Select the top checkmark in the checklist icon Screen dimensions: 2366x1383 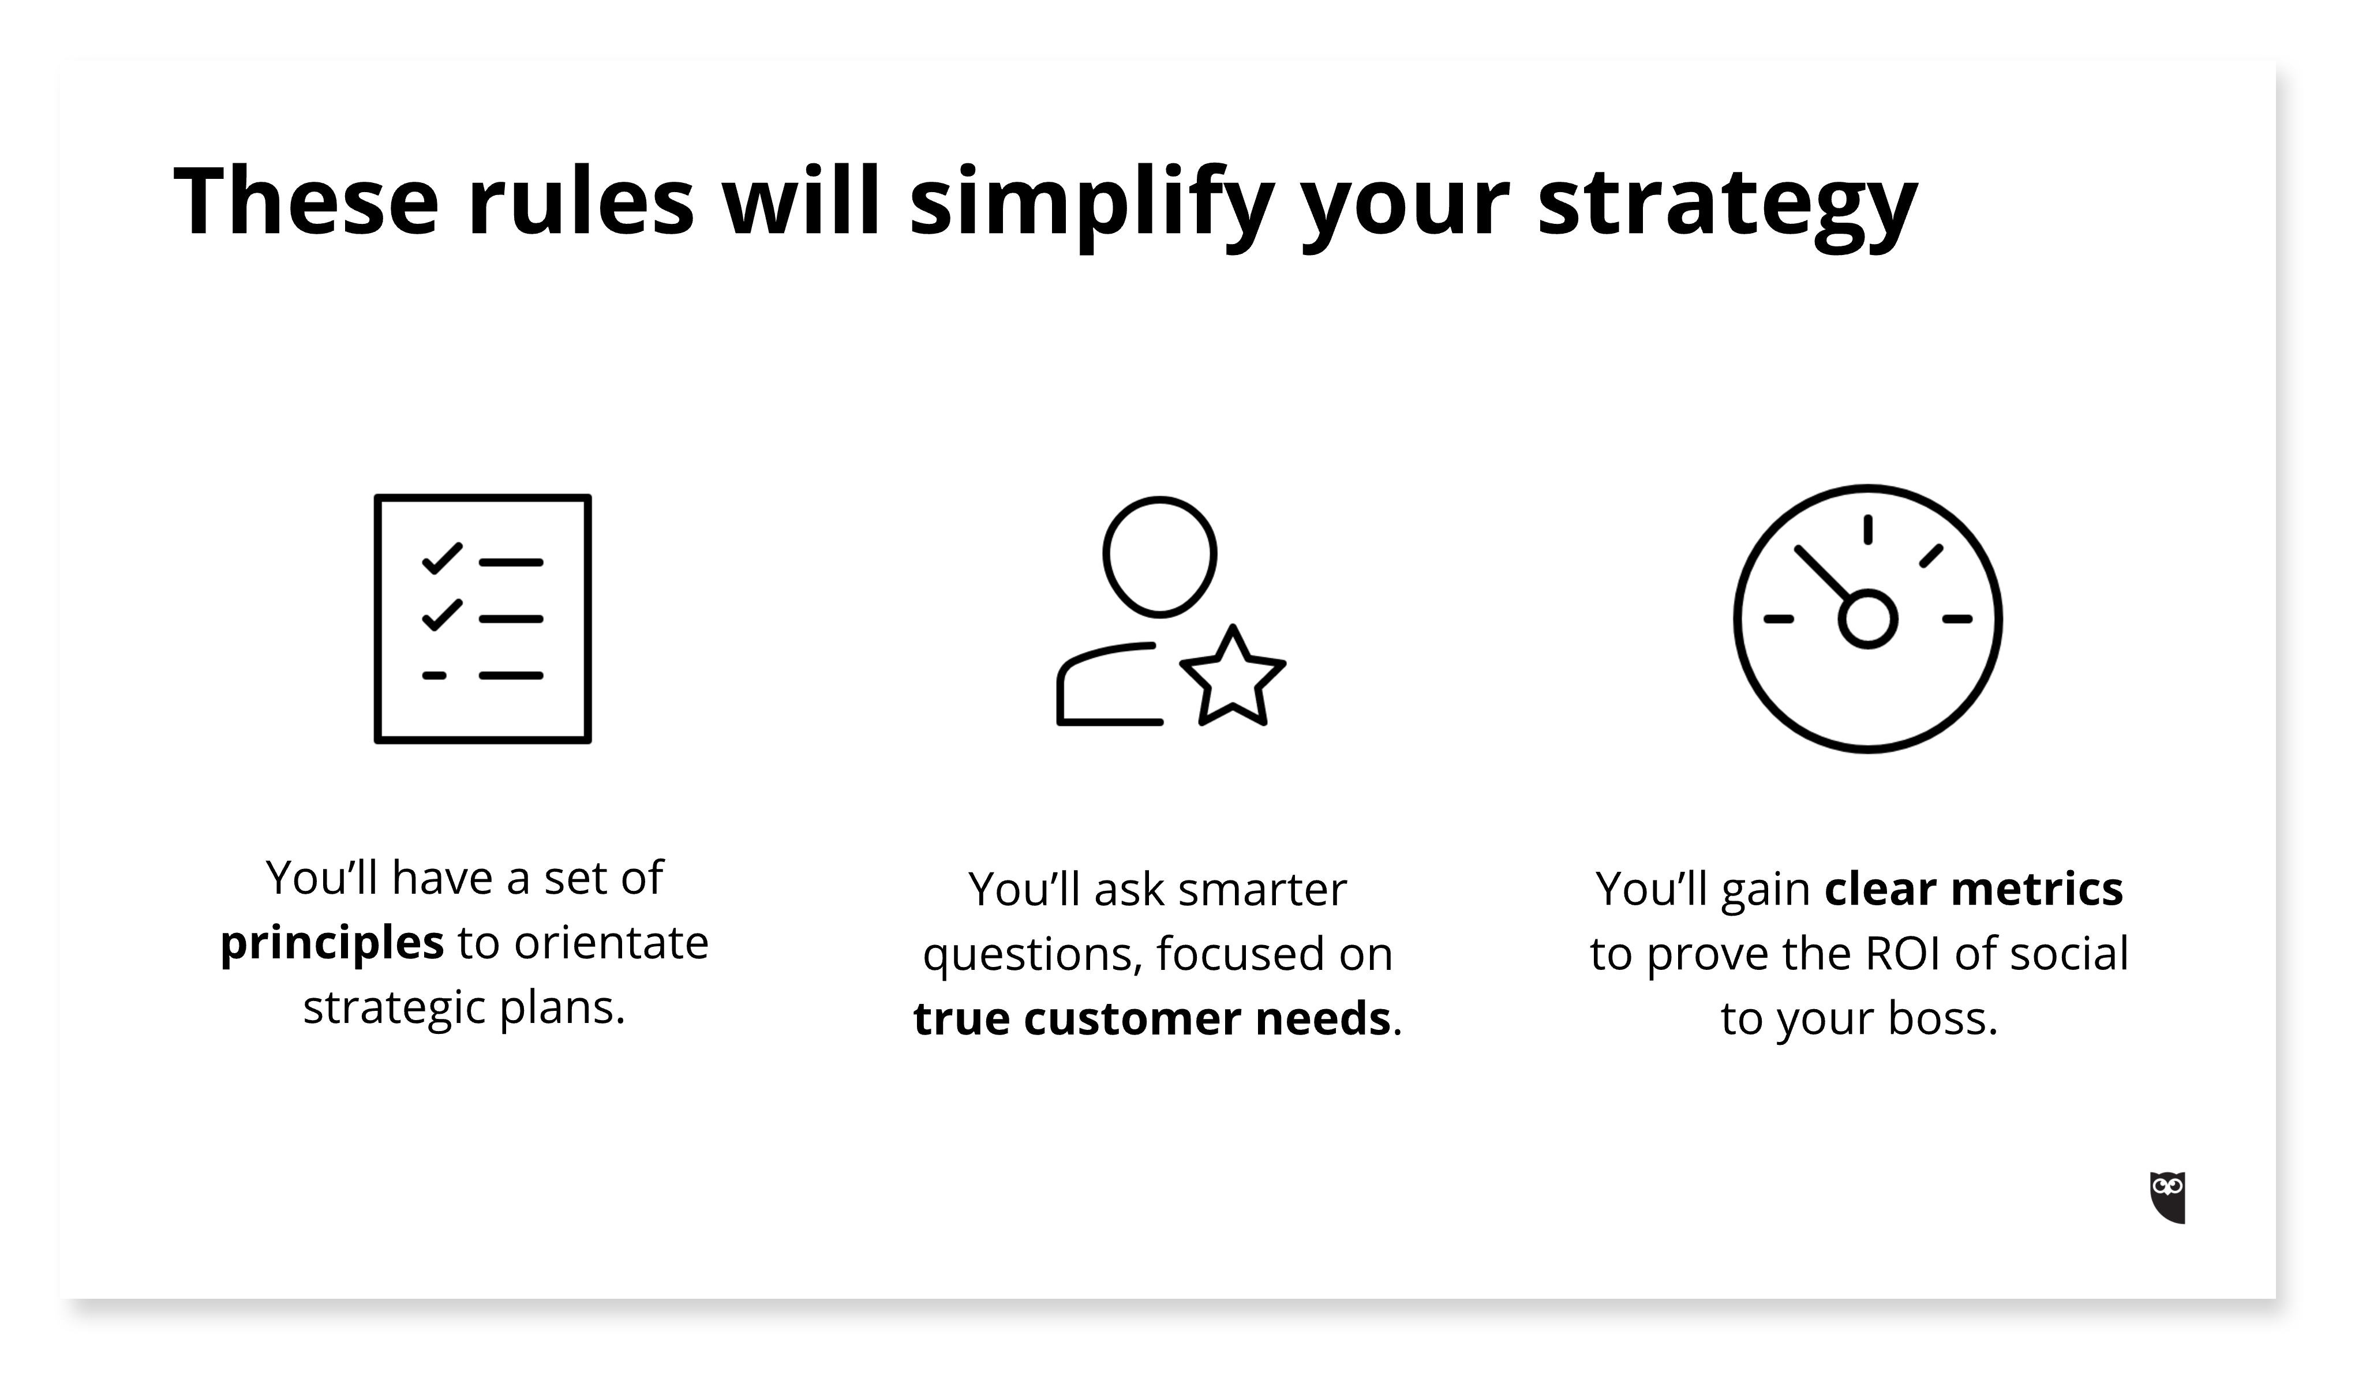[x=442, y=558]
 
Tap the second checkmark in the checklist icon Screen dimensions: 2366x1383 [x=442, y=614]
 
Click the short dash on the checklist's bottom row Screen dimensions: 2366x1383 [x=434, y=675]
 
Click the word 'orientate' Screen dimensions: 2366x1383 [x=611, y=943]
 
